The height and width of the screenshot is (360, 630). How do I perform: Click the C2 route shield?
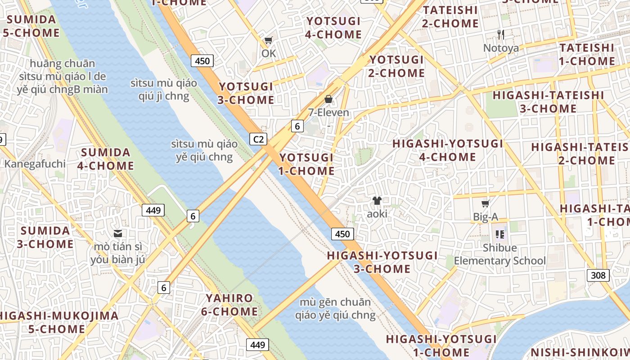(258, 139)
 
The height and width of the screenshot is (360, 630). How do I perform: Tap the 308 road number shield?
(598, 275)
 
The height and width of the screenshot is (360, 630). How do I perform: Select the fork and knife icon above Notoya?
(501, 34)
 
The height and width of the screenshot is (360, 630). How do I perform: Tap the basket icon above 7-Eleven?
(328, 99)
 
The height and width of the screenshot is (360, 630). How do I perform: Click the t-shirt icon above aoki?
(377, 201)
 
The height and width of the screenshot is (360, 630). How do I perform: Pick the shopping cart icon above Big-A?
(485, 204)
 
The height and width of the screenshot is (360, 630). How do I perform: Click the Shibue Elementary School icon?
(499, 234)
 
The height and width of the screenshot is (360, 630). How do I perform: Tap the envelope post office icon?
(118, 234)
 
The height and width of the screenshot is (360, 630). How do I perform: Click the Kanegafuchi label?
(35, 164)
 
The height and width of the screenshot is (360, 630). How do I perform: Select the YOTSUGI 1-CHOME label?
(306, 164)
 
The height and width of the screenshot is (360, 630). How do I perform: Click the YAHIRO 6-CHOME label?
(229, 305)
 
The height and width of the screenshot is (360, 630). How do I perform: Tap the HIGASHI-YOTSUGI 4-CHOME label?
(447, 150)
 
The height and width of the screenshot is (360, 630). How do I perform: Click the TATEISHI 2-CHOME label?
(450, 17)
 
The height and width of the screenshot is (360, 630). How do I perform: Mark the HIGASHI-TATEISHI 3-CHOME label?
(548, 102)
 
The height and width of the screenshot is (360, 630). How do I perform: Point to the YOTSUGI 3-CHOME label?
(246, 93)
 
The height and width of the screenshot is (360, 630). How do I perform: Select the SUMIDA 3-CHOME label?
(45, 238)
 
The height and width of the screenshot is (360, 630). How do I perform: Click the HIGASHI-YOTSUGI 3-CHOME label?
(382, 262)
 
